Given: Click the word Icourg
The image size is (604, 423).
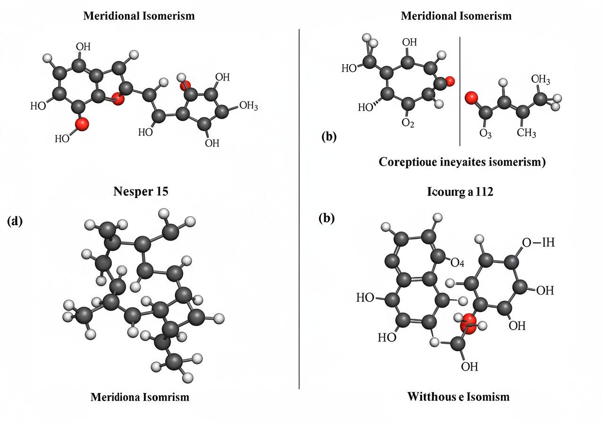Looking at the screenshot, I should pyautogui.click(x=445, y=192).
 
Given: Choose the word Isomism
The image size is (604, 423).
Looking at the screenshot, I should pyautogui.click(x=487, y=396).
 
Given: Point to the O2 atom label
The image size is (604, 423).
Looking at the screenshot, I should pyautogui.click(x=408, y=123).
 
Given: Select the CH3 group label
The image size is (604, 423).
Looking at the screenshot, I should pyautogui.click(x=526, y=134).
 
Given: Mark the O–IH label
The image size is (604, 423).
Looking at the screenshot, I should pyautogui.click(x=538, y=243).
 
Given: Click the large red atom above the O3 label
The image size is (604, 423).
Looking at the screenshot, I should pyautogui.click(x=471, y=98).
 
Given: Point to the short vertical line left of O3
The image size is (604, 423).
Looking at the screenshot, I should pyautogui.click(x=460, y=92).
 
